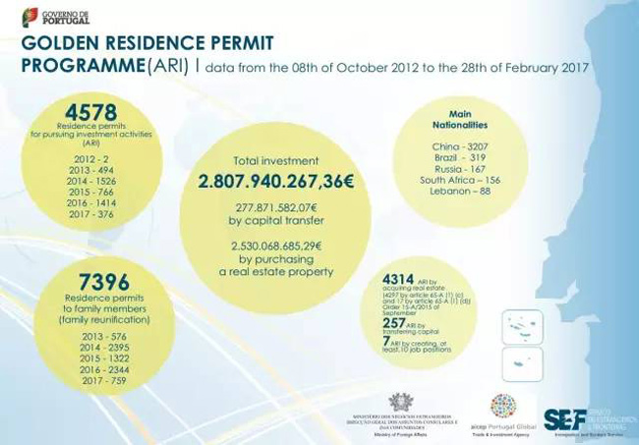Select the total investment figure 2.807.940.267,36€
click(276, 182)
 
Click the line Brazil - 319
click(460, 157)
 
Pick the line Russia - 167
click(460, 168)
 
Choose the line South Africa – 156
click(460, 180)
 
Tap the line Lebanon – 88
click(460, 192)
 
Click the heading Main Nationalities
click(460, 120)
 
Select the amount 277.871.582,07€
click(276, 208)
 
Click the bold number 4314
click(399, 281)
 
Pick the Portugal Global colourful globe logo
click(502, 407)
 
